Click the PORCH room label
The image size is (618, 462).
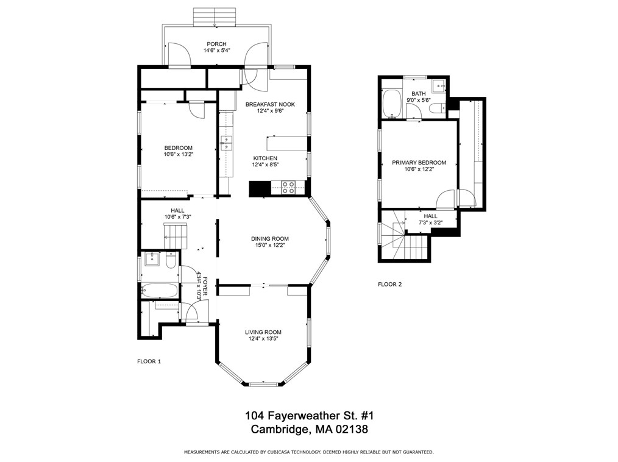pyautogui.click(x=216, y=44)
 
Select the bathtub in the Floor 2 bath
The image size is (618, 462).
pyautogui.click(x=391, y=104)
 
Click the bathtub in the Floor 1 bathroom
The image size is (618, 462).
pyautogui.click(x=160, y=291)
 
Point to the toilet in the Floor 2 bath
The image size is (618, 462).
pyautogui.click(x=437, y=108)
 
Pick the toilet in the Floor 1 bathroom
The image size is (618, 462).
pyautogui.click(x=171, y=261)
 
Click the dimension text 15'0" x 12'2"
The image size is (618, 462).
pyautogui.click(x=270, y=246)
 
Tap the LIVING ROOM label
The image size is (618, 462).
pyautogui.click(x=263, y=332)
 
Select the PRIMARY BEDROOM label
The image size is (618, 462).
pyautogui.click(x=419, y=163)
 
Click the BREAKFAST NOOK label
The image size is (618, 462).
pyautogui.click(x=270, y=104)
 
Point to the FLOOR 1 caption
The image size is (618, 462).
pyautogui.click(x=149, y=361)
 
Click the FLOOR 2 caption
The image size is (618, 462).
pyautogui.click(x=389, y=284)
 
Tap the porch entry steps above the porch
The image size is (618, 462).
pyautogui.click(x=215, y=17)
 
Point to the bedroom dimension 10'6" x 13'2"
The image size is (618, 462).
pyautogui.click(x=178, y=155)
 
